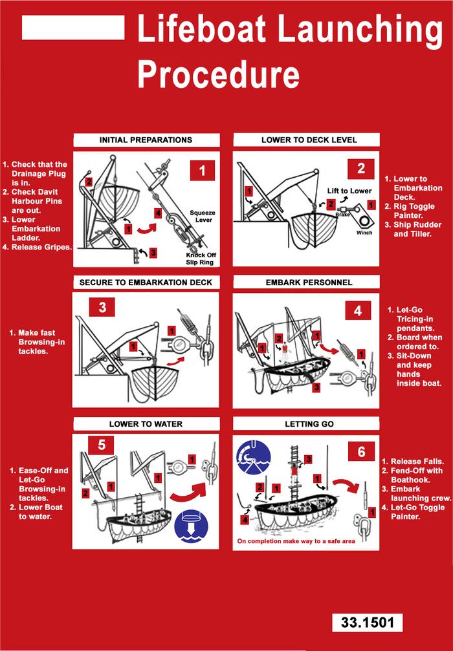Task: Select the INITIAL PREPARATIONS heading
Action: coord(146,140)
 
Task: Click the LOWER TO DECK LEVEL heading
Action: coord(309,140)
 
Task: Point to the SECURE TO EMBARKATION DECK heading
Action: coord(146,283)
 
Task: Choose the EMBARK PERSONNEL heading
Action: coord(309,283)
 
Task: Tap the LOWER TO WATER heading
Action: coord(146,424)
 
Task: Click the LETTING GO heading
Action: coord(309,424)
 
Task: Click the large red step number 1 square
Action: coord(202,171)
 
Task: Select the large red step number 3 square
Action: coord(102,307)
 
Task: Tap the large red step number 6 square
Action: coord(361,451)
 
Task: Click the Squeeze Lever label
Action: coord(202,216)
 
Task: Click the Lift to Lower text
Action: coord(349,191)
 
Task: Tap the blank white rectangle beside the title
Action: coord(73,27)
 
